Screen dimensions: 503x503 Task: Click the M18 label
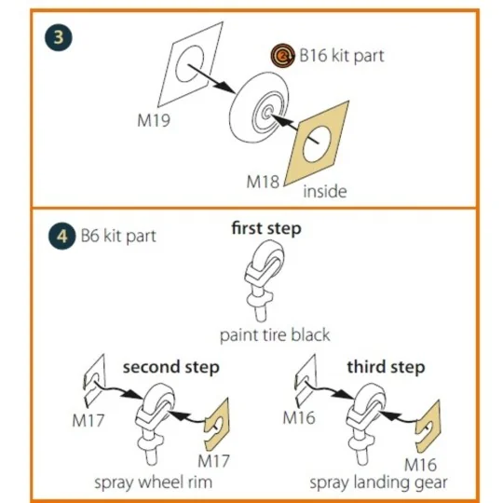point(263,180)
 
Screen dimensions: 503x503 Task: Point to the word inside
point(324,192)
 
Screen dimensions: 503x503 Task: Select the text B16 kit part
point(341,56)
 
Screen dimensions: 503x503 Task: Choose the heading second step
point(170,367)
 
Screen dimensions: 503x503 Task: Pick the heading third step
point(386,367)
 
